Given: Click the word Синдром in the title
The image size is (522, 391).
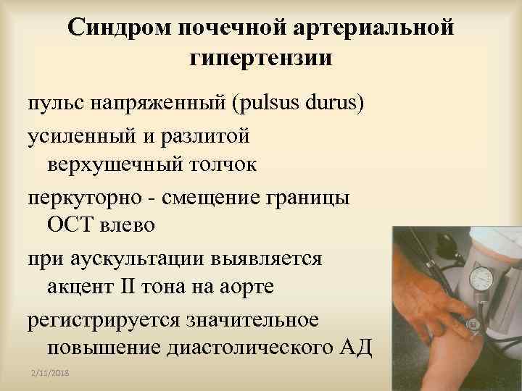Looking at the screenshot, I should coord(117,28).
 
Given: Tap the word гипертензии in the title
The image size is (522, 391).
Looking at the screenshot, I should coord(261,58).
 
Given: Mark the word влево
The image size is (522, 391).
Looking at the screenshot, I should coord(128,226).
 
